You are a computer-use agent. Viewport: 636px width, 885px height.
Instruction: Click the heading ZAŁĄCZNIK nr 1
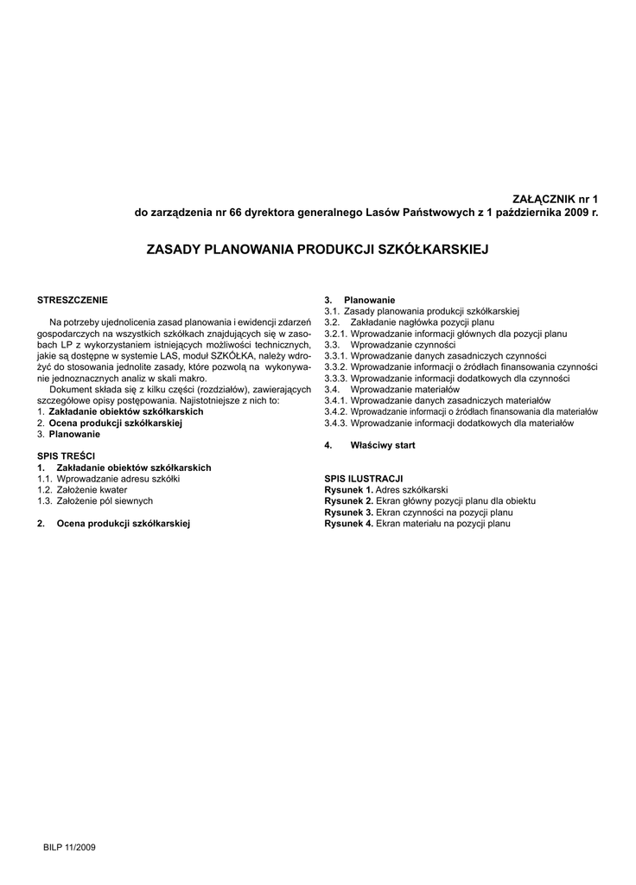[556, 199]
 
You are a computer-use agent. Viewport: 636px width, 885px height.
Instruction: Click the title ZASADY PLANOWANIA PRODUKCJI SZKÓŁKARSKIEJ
[318, 249]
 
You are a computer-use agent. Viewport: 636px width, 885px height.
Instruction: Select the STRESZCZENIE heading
[73, 300]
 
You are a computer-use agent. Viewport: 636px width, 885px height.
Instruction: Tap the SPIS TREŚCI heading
[67, 455]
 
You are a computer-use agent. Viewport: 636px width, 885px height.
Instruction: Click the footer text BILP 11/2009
[69, 847]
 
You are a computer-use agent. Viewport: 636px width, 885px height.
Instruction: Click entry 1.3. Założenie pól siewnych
[95, 500]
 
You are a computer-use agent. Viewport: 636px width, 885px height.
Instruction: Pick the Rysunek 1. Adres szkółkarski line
[386, 489]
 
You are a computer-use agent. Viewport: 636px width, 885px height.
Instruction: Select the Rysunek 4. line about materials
[418, 523]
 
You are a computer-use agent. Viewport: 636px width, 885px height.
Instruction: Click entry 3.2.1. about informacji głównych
[445, 333]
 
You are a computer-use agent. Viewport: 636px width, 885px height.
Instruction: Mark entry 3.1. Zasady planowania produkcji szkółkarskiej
[421, 310]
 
